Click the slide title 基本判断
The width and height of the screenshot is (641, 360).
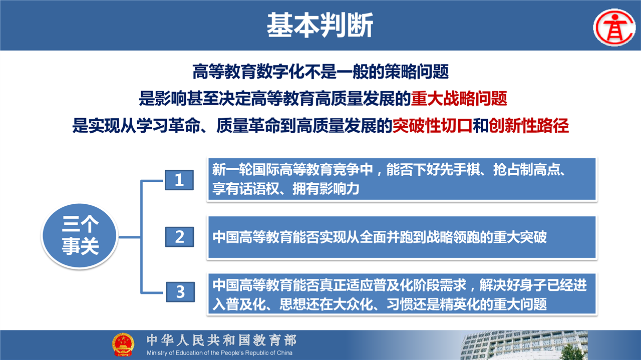(320, 25)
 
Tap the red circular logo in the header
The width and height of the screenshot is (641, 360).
(614, 28)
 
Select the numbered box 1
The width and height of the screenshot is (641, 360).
(179, 180)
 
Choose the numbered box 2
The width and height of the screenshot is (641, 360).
(179, 237)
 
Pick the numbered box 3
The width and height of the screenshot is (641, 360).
(180, 292)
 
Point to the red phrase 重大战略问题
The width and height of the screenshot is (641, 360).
(459, 99)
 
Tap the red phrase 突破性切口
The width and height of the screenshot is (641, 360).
(432, 125)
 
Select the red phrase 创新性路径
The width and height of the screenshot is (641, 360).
(528, 125)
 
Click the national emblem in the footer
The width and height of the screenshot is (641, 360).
(123, 344)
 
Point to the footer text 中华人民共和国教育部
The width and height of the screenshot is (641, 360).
(221, 340)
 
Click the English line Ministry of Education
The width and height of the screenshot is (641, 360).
(219, 353)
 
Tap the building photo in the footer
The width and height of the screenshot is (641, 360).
(524, 345)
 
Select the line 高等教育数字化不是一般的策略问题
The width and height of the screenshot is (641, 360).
(320, 72)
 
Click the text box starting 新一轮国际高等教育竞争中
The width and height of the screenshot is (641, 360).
(402, 179)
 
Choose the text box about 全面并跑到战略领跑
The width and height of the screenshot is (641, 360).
(402, 237)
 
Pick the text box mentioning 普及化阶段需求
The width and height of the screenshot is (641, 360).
(402, 294)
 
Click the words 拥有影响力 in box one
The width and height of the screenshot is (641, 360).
(326, 189)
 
